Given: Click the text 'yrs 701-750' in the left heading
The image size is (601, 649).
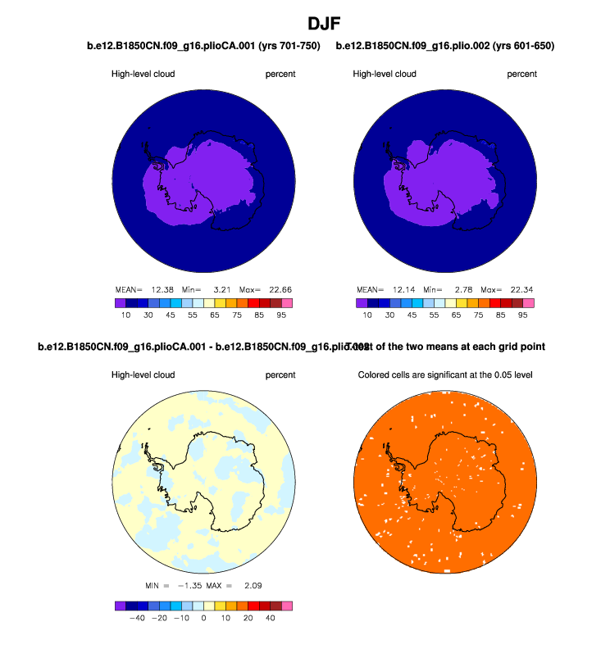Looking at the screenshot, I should pyautogui.click(x=289, y=47).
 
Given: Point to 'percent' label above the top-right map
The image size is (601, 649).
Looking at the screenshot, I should pyautogui.click(x=521, y=75).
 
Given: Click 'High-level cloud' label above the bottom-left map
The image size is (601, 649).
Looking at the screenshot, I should pyautogui.click(x=143, y=375).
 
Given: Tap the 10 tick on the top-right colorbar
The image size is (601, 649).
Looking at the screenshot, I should pyautogui.click(x=367, y=315).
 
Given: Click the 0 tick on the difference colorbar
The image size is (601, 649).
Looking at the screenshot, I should pyautogui.click(x=203, y=619).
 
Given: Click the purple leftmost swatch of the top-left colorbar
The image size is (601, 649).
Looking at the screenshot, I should pyautogui.click(x=121, y=302).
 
